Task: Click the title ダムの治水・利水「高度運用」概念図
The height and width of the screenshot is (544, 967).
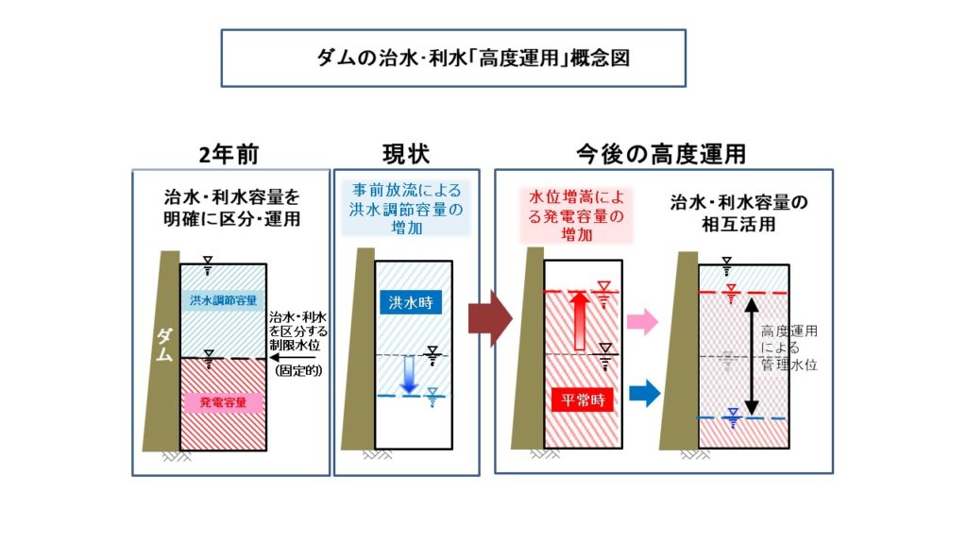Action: [473, 59]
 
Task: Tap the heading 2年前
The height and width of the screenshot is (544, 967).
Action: [229, 154]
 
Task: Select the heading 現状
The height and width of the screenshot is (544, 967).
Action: [406, 154]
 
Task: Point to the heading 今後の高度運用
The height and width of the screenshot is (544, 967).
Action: [661, 154]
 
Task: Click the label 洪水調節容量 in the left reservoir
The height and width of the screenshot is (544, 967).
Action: [223, 300]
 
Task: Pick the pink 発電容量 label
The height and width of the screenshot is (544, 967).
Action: [223, 402]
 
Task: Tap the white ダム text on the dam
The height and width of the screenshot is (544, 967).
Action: [164, 345]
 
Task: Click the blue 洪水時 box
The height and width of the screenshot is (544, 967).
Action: [410, 302]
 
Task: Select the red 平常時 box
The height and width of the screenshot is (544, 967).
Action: [583, 400]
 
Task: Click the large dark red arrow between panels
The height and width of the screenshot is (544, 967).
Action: [490, 318]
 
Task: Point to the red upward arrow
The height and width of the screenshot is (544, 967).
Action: [579, 321]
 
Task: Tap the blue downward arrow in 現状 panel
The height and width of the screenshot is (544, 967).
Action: [408, 374]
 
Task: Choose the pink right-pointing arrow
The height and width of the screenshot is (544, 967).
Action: [642, 321]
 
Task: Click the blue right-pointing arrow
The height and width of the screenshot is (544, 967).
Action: [644, 394]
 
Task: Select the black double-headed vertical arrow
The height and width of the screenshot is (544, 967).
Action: [751, 356]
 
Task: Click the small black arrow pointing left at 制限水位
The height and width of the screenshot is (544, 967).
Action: [293, 357]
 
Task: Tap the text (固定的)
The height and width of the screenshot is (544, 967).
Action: [298, 370]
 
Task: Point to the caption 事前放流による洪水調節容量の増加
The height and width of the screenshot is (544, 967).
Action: [406, 209]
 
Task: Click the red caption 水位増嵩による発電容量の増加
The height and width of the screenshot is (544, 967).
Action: [577, 215]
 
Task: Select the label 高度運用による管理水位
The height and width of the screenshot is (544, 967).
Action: [789, 348]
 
